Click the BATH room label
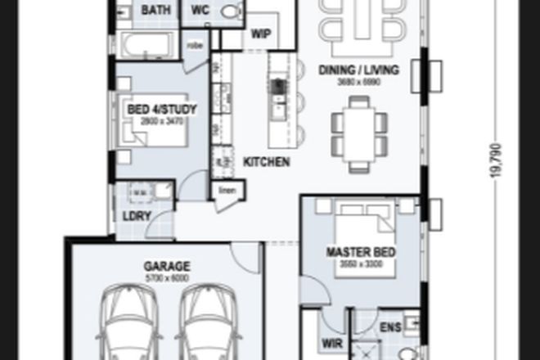pos(156,11)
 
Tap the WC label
pos(200,11)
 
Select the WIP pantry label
pos(261,34)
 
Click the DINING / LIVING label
pos(358,70)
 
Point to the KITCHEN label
pos(267,162)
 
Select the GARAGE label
pos(167,266)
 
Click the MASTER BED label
pos(361,252)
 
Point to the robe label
pos(196,45)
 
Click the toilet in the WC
pos(232,11)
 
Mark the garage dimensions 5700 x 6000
pos(167,278)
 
